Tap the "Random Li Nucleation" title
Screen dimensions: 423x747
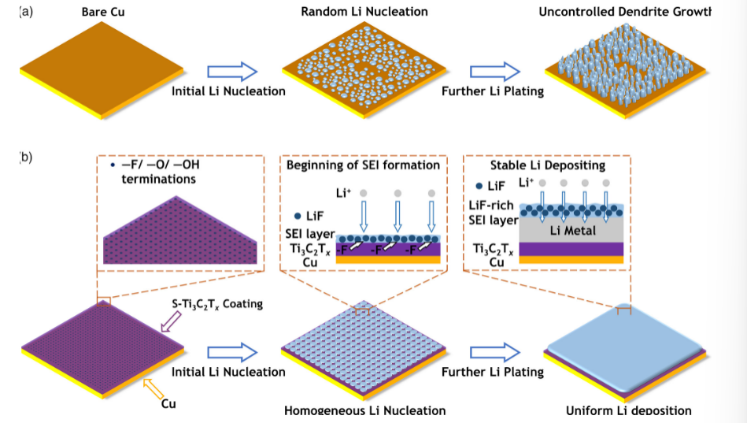coord(364,12)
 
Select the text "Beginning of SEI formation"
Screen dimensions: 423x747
coord(363,165)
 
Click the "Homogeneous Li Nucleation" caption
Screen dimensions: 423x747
coord(364,410)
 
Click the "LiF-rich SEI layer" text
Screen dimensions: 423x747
coord(491,212)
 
